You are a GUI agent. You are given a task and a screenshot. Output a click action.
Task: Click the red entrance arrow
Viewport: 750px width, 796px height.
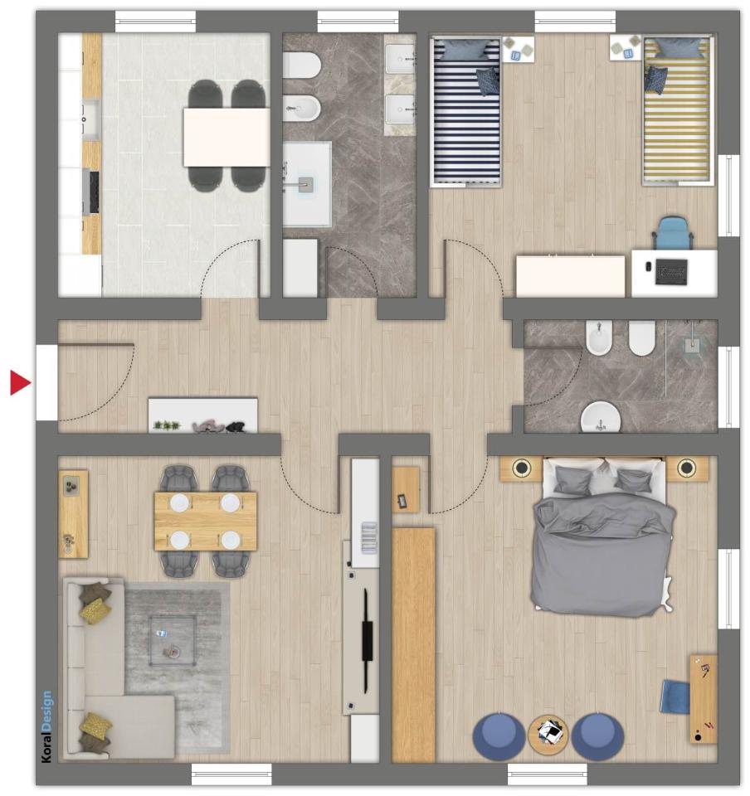pos(19,382)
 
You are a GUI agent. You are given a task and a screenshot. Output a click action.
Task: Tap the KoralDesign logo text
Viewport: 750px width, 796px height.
pos(46,726)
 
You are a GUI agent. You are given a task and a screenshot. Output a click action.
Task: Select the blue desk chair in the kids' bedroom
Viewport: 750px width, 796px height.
pos(673,232)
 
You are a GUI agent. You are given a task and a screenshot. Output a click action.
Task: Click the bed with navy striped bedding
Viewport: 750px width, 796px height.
pos(465,110)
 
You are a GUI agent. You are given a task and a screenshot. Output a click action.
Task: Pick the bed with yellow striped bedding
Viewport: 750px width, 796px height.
pos(677,110)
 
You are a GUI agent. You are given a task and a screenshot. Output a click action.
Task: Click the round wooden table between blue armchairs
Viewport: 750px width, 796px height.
pos(548,734)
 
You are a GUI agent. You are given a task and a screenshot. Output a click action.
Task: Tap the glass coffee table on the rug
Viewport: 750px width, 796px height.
pos(172,640)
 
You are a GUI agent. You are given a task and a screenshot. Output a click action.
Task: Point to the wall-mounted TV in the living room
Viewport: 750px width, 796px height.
pos(367,641)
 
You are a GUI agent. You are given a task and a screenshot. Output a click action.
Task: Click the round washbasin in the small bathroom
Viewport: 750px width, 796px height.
pos(601,418)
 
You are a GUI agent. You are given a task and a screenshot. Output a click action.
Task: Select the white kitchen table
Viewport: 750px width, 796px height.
pos(226,137)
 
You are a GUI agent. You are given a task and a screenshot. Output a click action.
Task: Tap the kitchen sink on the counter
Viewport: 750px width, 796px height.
pos(91,119)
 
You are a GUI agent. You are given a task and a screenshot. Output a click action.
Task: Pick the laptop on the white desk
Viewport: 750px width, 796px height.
pos(671,271)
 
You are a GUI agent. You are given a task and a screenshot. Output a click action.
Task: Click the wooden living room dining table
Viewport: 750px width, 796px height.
pos(206,521)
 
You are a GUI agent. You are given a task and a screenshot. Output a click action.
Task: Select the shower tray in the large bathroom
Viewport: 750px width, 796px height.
pos(307,184)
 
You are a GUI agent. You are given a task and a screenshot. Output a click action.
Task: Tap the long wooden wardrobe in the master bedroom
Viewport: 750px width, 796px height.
pos(413,645)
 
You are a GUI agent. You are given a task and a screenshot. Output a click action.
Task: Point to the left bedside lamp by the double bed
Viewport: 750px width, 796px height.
pos(521,467)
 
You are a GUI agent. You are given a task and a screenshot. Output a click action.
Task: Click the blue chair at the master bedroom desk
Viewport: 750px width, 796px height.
pos(675,697)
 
